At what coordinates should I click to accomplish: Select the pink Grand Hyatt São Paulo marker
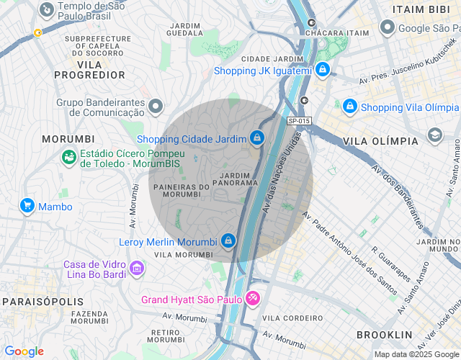[253, 297]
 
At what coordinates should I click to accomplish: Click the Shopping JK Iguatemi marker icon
[323, 70]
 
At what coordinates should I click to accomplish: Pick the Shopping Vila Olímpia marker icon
[350, 107]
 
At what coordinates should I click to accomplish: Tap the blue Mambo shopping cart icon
[27, 206]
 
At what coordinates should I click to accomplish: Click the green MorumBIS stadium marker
[69, 157]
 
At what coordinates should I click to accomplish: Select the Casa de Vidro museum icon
[137, 269]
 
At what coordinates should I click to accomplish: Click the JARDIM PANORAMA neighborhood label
[235, 179]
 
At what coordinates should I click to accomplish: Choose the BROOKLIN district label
[385, 335]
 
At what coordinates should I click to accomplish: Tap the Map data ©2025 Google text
[416, 354]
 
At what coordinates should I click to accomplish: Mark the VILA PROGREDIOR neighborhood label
[89, 69]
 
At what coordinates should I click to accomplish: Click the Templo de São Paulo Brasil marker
[47, 9]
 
